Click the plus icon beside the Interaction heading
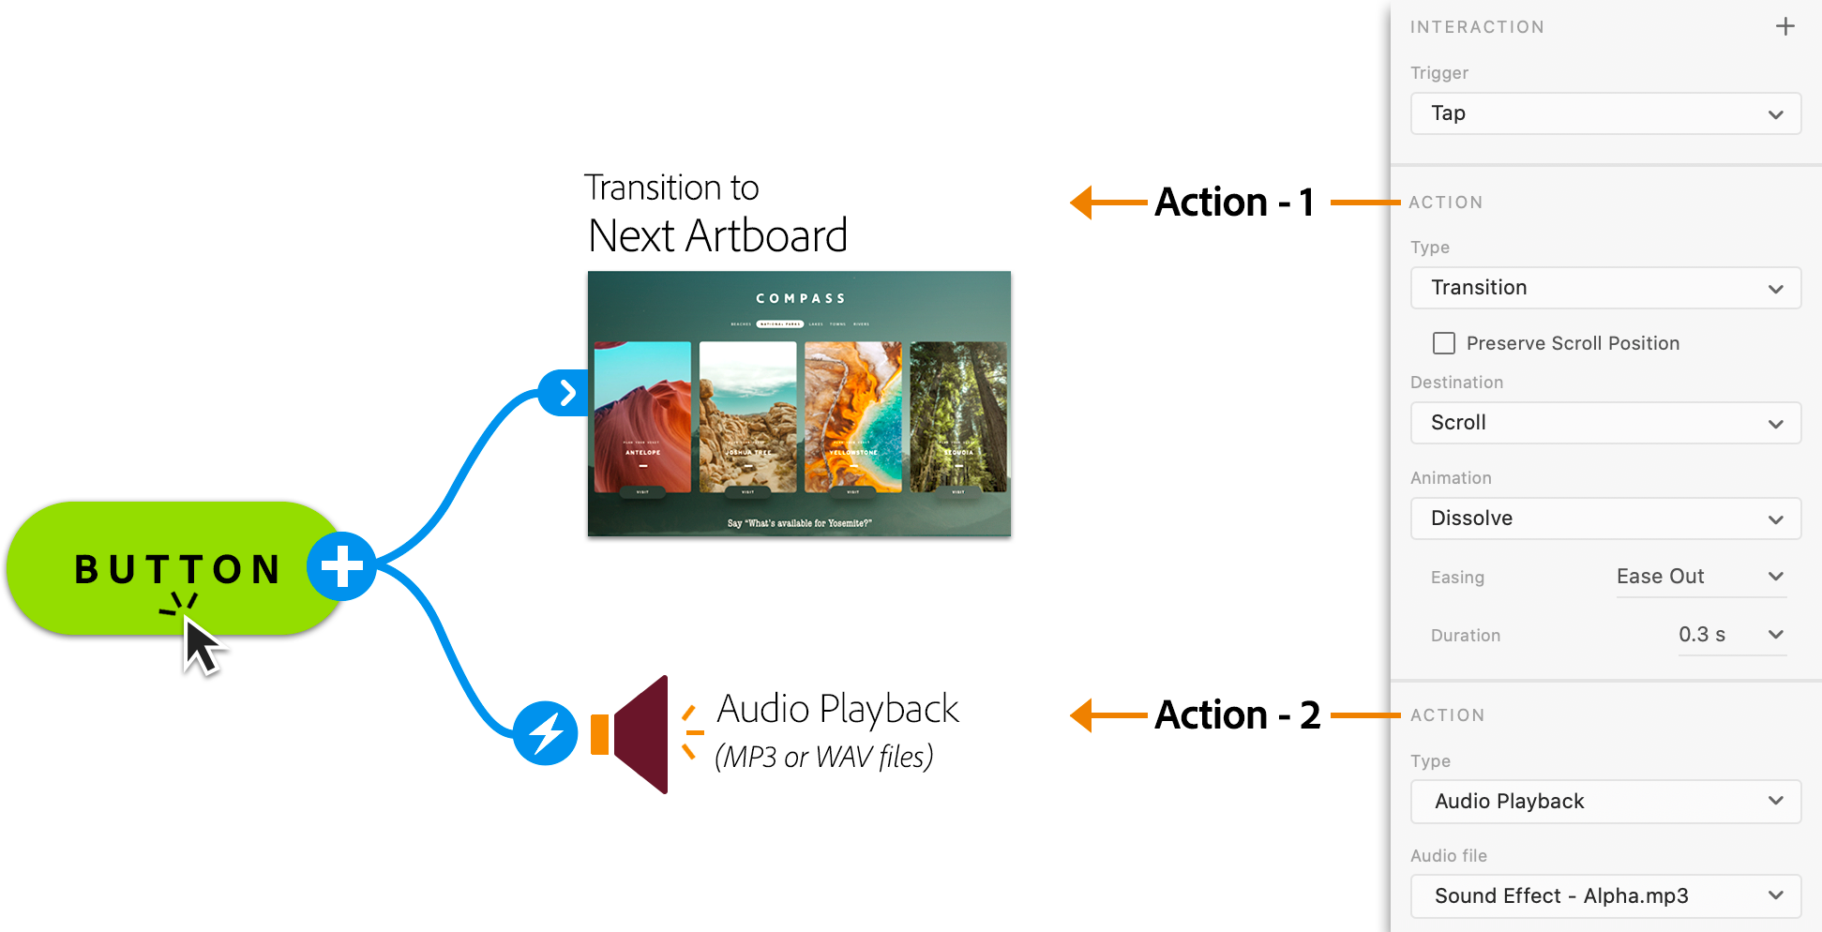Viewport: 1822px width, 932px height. tap(1784, 26)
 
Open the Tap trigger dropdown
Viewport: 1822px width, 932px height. tap(1604, 113)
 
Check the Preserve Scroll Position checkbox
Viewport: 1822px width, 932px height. tap(1444, 343)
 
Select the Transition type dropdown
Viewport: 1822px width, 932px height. tap(1604, 288)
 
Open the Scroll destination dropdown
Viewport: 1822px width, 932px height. tap(1604, 423)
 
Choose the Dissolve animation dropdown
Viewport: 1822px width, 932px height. tap(1604, 519)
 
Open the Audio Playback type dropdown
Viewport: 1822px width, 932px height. tap(1604, 802)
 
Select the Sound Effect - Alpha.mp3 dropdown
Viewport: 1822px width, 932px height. tap(1604, 896)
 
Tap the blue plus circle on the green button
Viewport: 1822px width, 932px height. tap(341, 566)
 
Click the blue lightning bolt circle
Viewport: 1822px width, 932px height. tap(545, 733)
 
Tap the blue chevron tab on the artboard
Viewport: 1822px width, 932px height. tap(565, 393)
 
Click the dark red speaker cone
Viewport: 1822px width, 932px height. tap(641, 734)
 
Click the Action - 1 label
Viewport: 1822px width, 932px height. tap(1234, 203)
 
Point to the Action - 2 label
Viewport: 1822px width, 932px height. tap(1237, 715)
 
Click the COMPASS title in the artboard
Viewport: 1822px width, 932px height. tap(800, 298)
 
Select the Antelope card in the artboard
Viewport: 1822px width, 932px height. tap(642, 416)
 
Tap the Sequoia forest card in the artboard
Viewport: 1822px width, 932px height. tap(957, 416)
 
